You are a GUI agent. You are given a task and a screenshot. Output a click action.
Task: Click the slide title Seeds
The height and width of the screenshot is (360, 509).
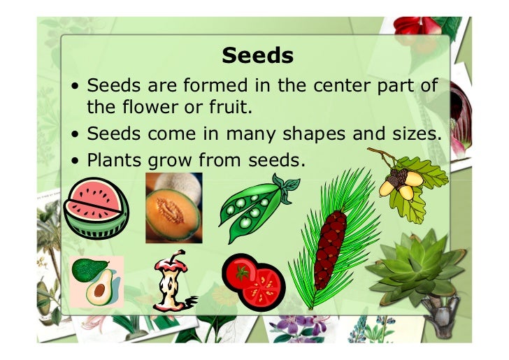tap(256, 55)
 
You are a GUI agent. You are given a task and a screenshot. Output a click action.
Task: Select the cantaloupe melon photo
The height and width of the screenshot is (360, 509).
tap(173, 207)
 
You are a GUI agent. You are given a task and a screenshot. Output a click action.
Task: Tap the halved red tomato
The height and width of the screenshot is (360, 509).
tap(253, 281)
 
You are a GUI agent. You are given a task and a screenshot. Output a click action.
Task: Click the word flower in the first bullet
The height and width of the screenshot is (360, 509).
tap(145, 108)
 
